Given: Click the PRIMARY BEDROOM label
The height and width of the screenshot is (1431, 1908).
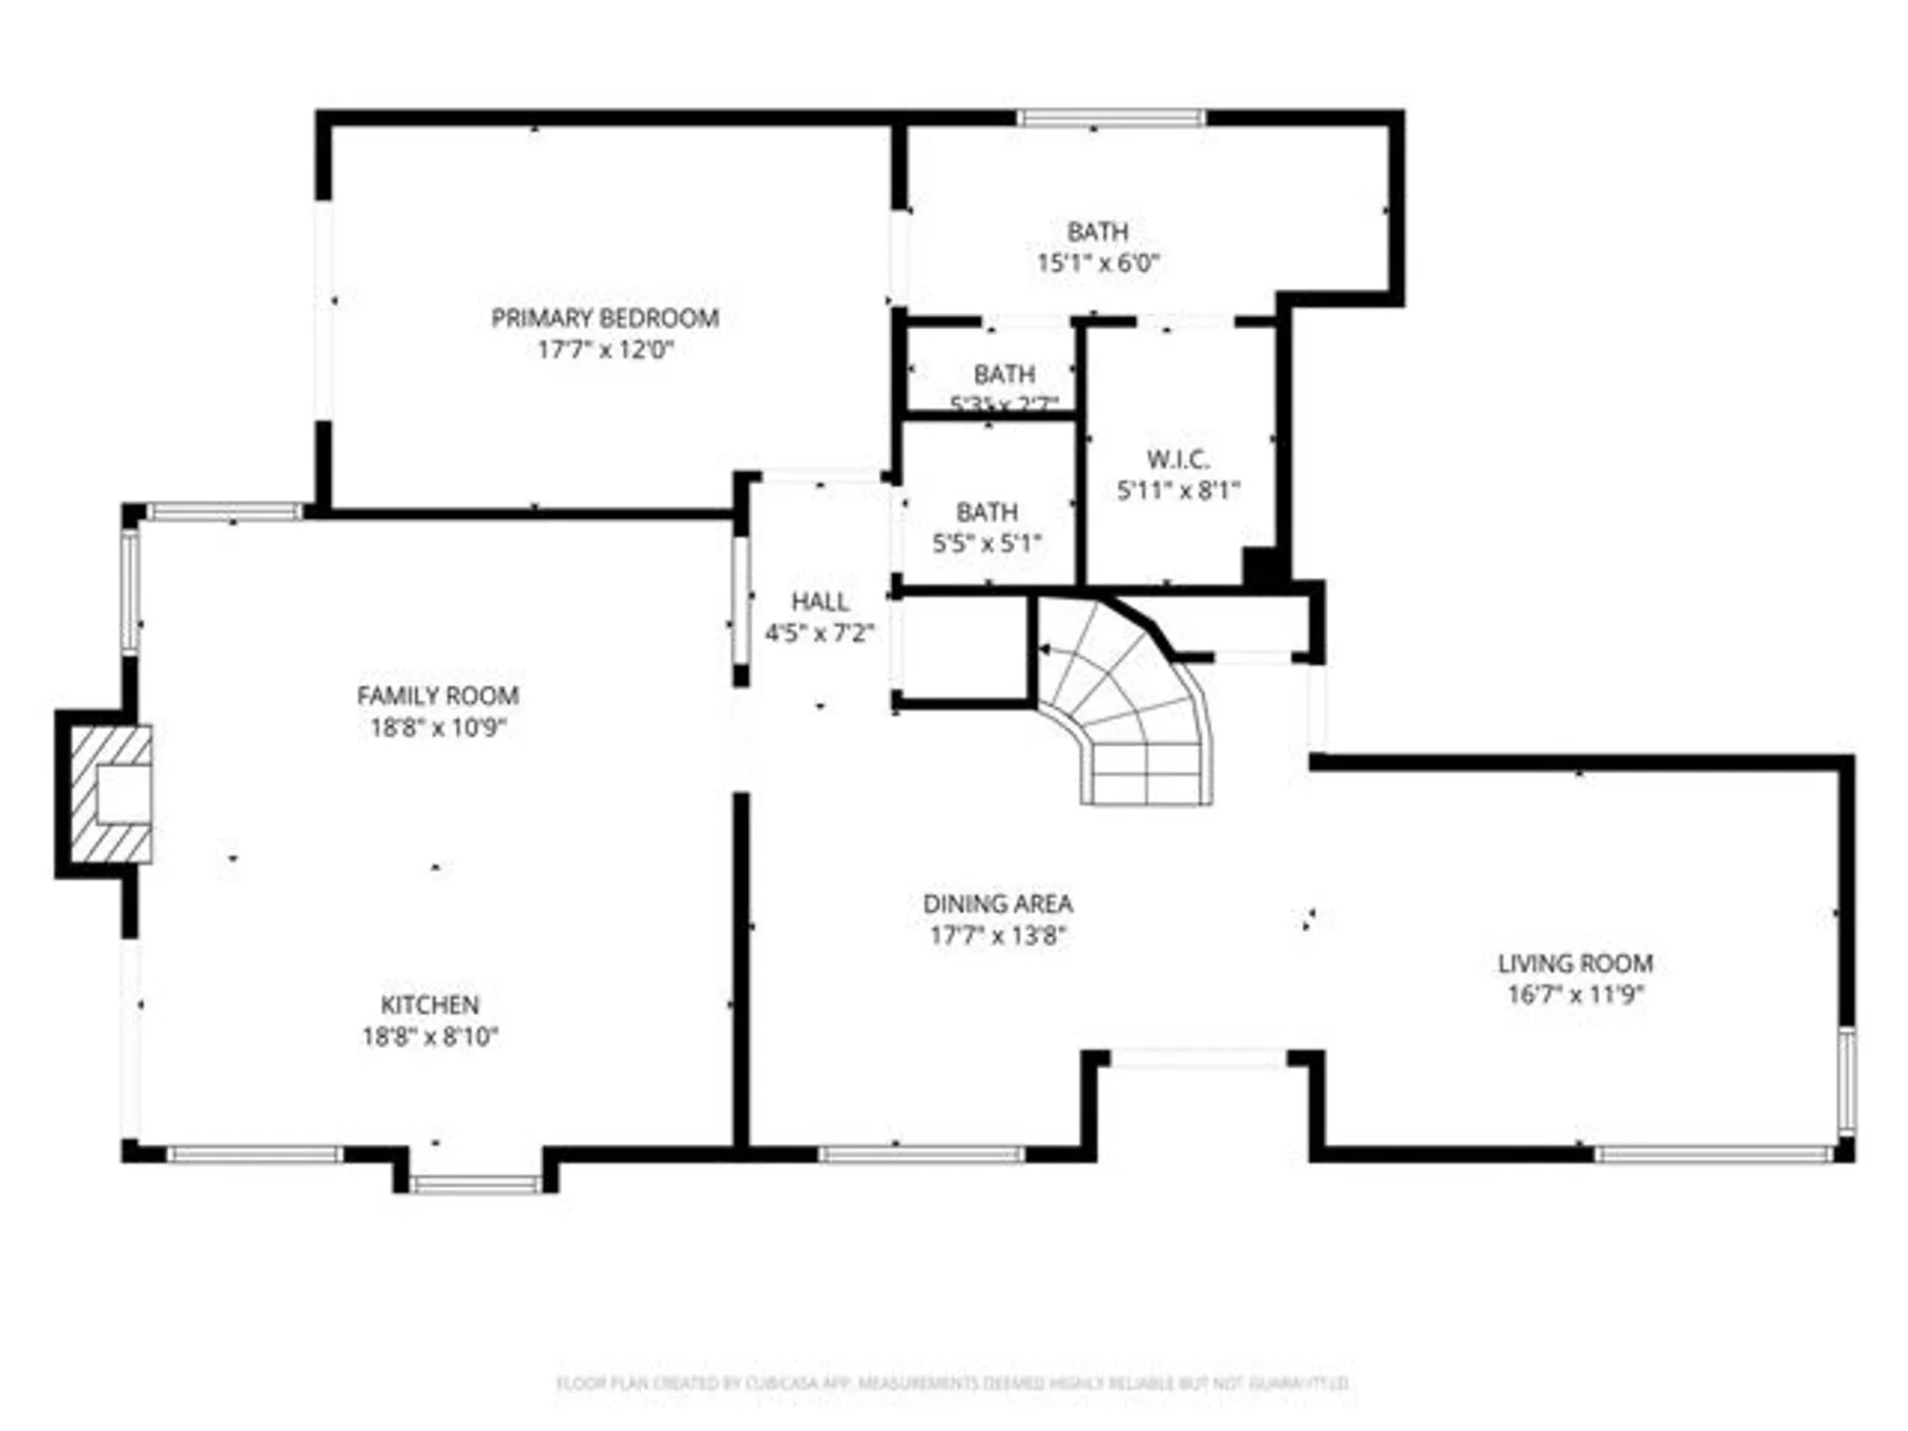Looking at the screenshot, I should (x=605, y=318).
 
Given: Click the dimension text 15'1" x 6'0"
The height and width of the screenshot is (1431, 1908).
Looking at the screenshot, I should (x=1097, y=262).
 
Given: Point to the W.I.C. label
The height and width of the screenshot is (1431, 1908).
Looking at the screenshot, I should (x=1178, y=459).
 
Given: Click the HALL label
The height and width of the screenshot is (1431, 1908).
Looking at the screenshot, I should (x=819, y=602).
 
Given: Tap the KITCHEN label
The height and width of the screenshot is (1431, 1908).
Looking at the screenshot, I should (x=429, y=1005).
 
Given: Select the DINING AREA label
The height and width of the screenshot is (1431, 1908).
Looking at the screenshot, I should (x=997, y=903).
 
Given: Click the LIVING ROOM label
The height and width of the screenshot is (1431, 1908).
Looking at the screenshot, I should (x=1575, y=964).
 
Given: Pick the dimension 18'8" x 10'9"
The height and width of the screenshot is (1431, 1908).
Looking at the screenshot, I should (x=438, y=727).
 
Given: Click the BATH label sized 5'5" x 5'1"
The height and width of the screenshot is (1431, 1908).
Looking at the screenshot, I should (x=986, y=512).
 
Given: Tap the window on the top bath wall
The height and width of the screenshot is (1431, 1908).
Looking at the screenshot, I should (x=1110, y=118).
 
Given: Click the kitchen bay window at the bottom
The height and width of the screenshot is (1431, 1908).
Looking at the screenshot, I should (x=475, y=1185).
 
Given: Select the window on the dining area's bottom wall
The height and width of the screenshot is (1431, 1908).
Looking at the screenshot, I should (x=921, y=1155).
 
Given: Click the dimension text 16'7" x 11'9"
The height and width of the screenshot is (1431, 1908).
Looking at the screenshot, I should (x=1575, y=995).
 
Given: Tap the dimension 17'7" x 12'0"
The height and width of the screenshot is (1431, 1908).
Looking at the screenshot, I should (x=605, y=349).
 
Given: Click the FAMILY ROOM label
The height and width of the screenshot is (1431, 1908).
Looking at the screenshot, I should (x=438, y=695).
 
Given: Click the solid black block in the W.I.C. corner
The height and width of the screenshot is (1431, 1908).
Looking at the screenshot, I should (x=1259, y=567).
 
